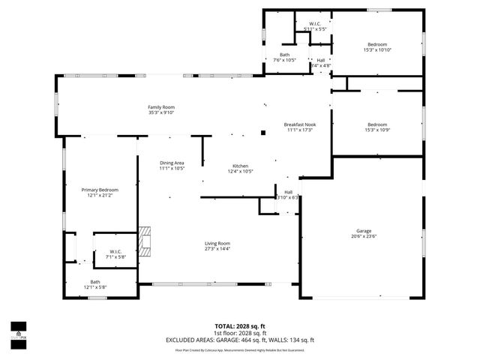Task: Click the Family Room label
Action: [160, 108]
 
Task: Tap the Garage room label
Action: [364, 231]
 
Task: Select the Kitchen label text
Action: [240, 166]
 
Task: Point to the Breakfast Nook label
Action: [299, 124]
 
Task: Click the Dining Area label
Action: [172, 163]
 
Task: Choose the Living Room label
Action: [217, 243]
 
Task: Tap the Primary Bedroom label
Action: [100, 190]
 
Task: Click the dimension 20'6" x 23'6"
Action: [364, 237]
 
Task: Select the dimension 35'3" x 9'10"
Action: [160, 114]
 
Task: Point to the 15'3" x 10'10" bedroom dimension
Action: [377, 50]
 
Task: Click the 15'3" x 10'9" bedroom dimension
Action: [377, 130]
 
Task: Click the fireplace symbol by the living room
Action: [144, 238]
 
